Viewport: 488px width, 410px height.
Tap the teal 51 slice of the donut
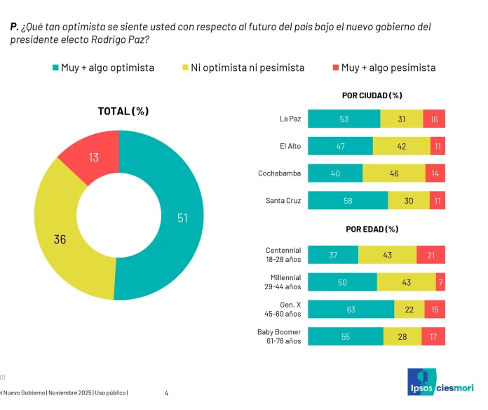(179, 217)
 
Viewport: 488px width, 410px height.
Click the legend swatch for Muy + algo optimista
(55, 68)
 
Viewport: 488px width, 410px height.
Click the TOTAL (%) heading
(123, 111)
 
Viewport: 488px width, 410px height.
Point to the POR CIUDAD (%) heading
(377, 95)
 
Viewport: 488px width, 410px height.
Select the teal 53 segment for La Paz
(344, 119)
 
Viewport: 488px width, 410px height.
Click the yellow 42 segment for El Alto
(402, 146)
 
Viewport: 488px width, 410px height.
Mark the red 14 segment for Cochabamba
(435, 173)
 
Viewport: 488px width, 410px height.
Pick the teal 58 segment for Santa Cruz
(348, 200)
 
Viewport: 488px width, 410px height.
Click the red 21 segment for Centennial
(431, 254)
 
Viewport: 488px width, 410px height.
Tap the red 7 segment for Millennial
(440, 282)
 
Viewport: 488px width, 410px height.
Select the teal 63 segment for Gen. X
(351, 309)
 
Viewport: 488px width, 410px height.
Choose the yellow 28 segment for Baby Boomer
(402, 336)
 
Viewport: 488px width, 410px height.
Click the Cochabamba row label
(279, 173)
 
